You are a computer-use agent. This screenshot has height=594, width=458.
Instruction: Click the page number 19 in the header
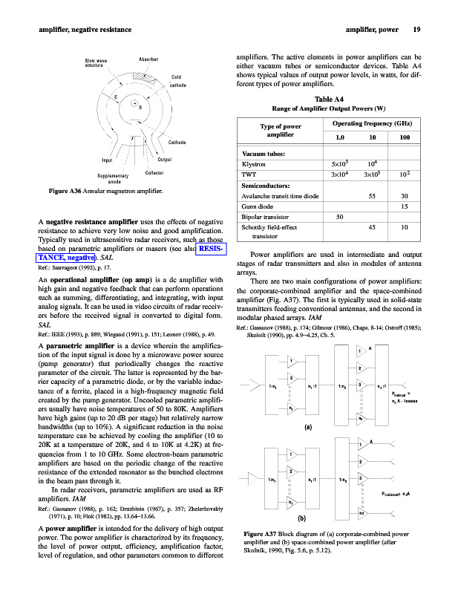point(418,30)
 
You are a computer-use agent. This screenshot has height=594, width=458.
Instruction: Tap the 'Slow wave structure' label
point(96,62)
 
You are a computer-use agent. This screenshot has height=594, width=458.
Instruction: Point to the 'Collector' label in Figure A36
point(154,172)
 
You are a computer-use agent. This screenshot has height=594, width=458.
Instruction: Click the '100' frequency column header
point(405,138)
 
